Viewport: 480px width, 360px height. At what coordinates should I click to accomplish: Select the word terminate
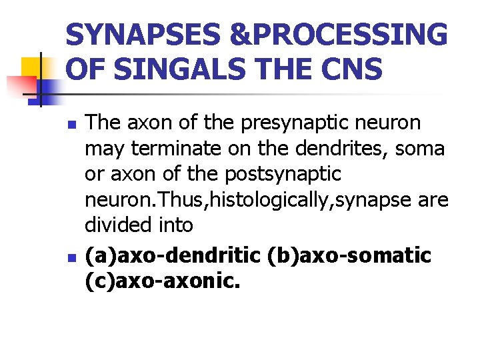[x=181, y=148]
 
